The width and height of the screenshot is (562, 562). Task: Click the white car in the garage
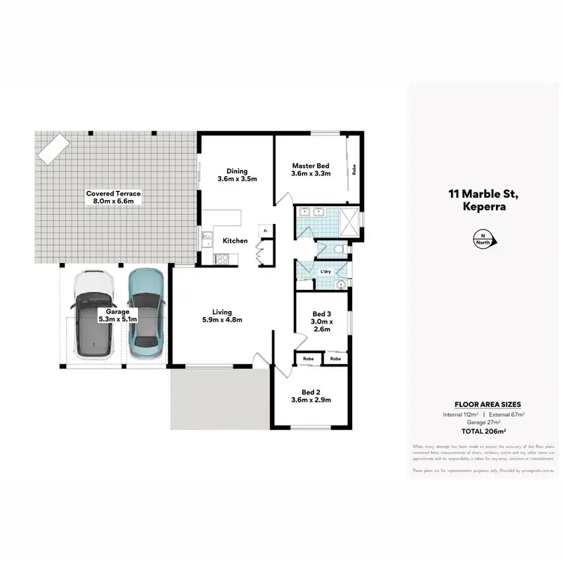pos(94,315)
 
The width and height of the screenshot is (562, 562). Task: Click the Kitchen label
pos(235,241)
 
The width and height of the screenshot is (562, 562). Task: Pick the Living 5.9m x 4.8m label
pos(222,315)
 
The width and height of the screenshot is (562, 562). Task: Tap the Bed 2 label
pos(311,396)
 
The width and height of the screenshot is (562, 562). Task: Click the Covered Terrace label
pos(113,197)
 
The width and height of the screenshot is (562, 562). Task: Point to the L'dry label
pos(326,271)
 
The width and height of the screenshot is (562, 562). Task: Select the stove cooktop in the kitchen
pos(223,259)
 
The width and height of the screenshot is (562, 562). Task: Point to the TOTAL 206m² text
pos(484,432)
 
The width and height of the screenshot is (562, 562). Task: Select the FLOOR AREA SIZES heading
pos(484,402)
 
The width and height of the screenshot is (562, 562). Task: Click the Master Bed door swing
pos(282,198)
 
